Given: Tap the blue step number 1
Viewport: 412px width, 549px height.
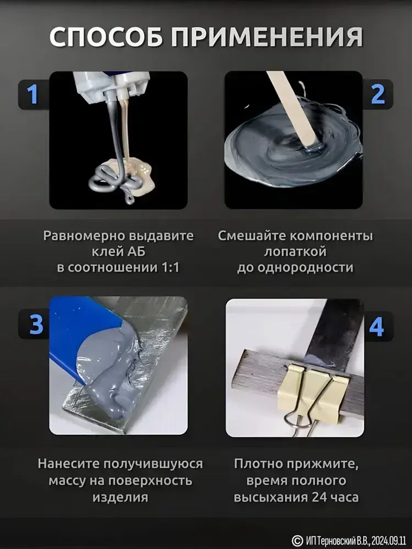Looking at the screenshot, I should [33, 94].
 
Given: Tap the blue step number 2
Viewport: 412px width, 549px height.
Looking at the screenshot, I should [377, 94].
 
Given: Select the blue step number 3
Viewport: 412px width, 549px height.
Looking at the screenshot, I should [36, 325].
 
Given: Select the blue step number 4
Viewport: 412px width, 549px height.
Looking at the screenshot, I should [377, 327].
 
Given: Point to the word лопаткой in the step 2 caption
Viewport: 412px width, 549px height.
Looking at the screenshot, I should [295, 251].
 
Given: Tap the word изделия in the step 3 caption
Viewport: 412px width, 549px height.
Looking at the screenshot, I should [120, 497].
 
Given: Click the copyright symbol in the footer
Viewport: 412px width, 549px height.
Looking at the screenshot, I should [297, 540].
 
